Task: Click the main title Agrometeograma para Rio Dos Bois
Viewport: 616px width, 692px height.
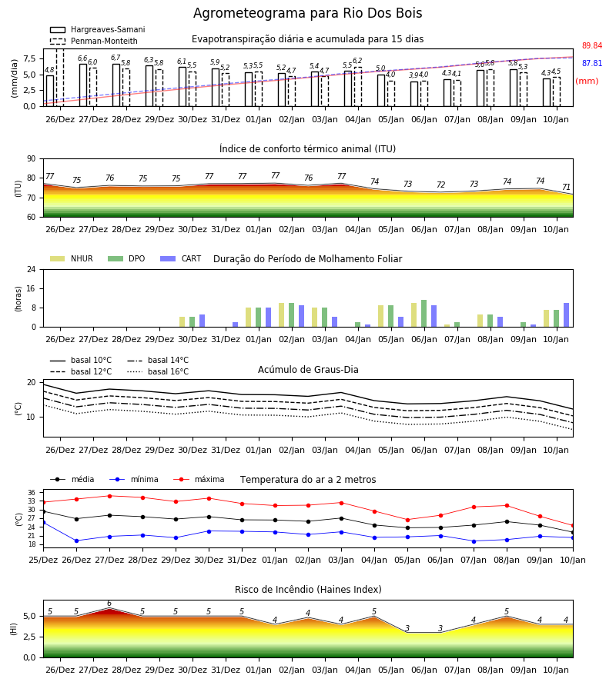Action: [307, 13]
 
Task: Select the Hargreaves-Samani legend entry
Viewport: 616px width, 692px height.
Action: [97, 29]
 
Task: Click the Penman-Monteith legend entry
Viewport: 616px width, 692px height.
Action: [94, 41]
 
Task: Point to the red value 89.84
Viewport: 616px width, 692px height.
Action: [592, 46]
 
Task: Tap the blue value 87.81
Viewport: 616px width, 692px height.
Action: [592, 64]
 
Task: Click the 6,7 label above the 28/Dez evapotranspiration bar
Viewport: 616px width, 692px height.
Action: [115, 58]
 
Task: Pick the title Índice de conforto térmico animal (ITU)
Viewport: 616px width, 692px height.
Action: [307, 148]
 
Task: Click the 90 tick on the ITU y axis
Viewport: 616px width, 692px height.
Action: [32, 159]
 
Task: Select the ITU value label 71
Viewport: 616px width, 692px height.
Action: [566, 187]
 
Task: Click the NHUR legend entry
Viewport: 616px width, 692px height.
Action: [72, 258]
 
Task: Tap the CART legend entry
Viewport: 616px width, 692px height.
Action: [181, 258]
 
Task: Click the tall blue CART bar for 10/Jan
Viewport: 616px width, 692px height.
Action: [566, 315]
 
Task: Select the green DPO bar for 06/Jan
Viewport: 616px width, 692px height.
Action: [423, 314]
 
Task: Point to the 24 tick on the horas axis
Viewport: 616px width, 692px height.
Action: [32, 270]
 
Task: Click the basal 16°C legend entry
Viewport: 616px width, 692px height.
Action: [158, 371]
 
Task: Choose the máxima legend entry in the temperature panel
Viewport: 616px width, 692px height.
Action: [199, 479]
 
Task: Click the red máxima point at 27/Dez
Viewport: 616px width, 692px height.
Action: [109, 496]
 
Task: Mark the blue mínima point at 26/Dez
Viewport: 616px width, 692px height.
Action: [76, 541]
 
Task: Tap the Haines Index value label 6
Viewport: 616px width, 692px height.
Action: [109, 604]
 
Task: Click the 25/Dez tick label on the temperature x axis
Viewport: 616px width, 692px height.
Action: [43, 560]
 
